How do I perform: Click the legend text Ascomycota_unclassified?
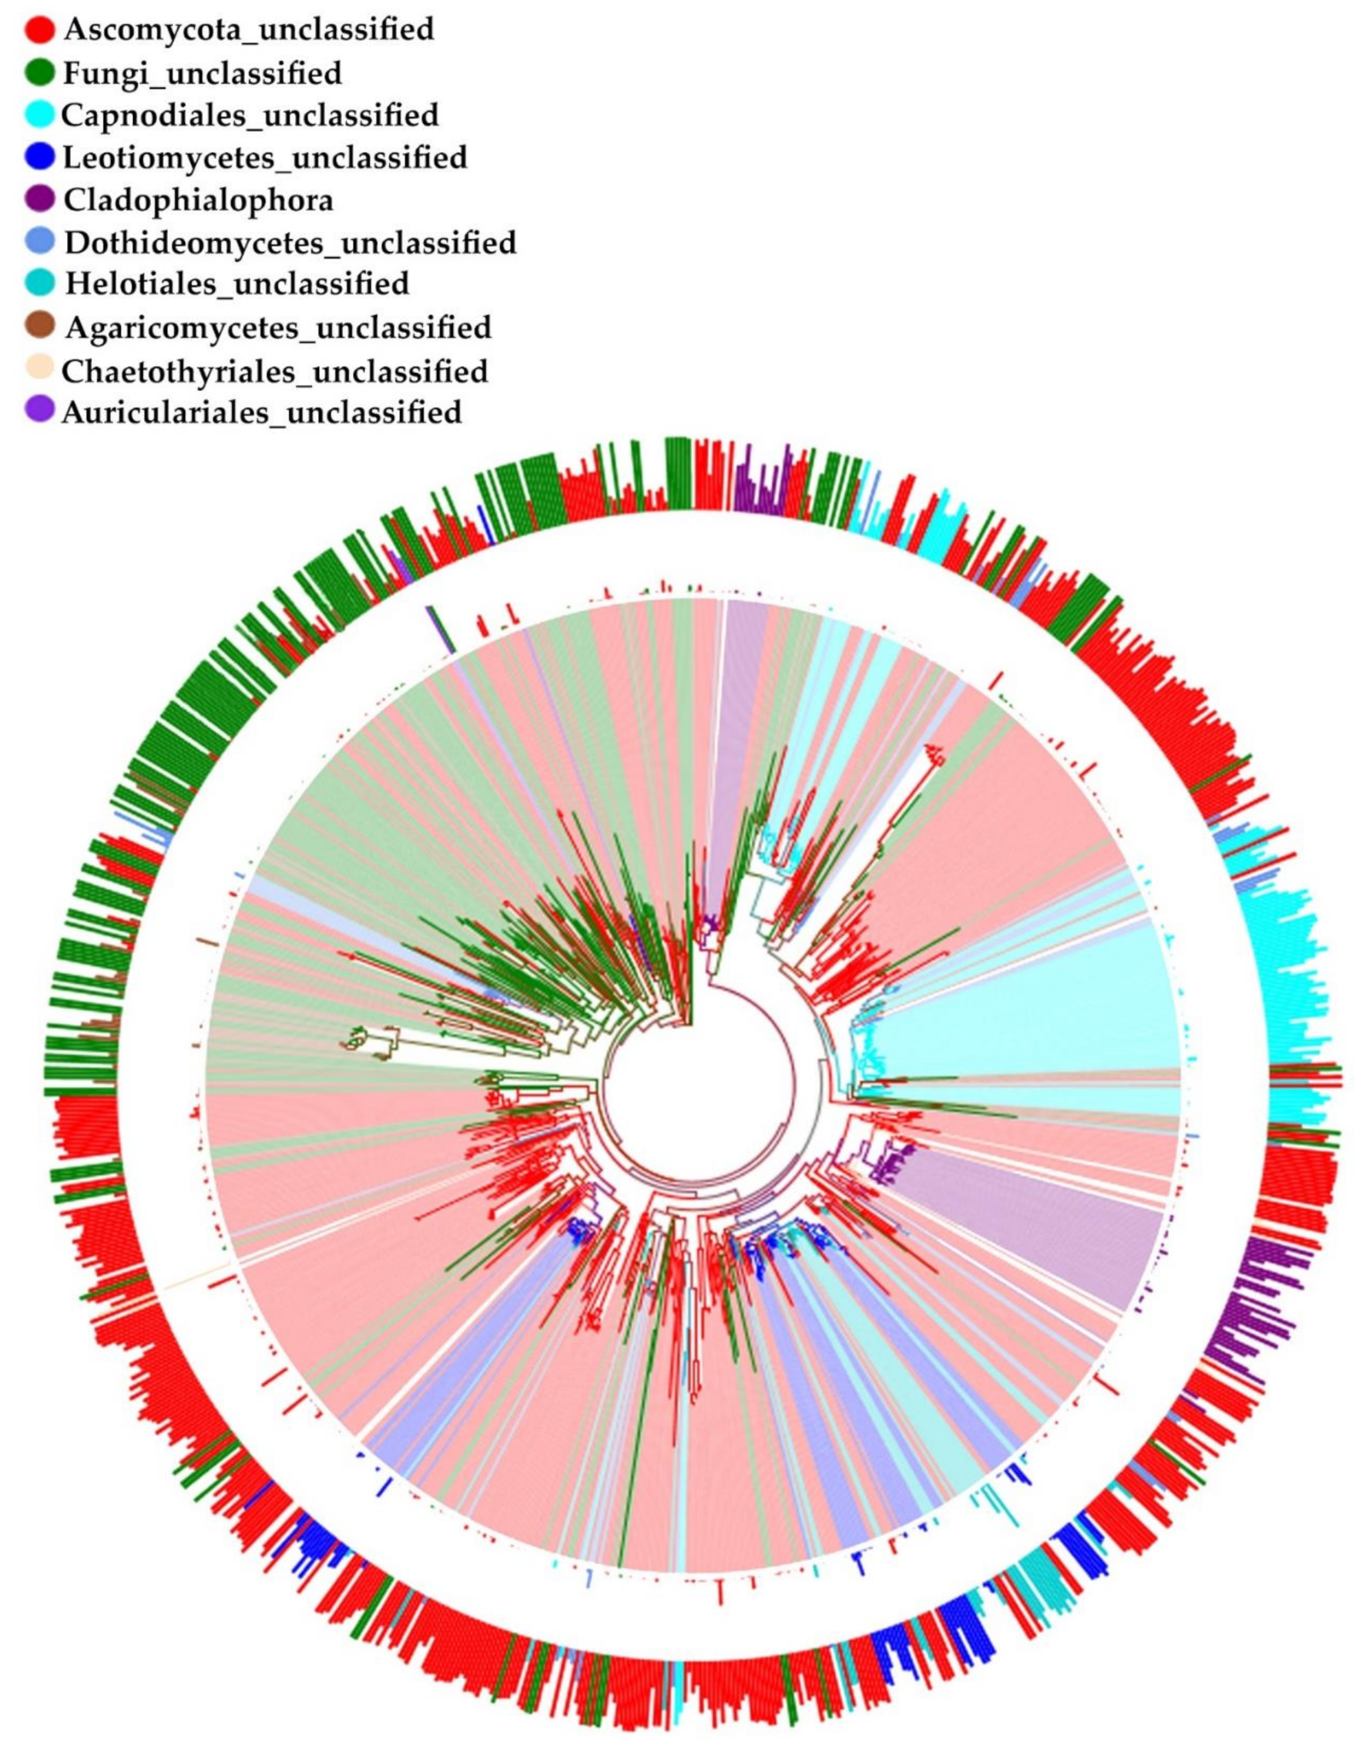click(x=249, y=29)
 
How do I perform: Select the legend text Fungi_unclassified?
click(x=203, y=73)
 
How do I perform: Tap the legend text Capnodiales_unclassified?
click(x=250, y=115)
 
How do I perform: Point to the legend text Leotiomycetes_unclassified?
click(x=265, y=157)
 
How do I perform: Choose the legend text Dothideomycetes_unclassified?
click(x=290, y=241)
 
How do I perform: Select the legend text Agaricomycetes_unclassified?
click(x=278, y=327)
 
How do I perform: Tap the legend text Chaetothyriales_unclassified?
click(x=275, y=370)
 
